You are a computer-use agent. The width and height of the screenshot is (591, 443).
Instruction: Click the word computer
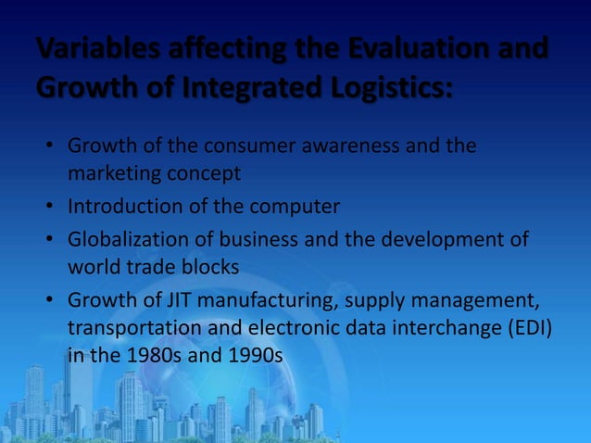click(x=293, y=207)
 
